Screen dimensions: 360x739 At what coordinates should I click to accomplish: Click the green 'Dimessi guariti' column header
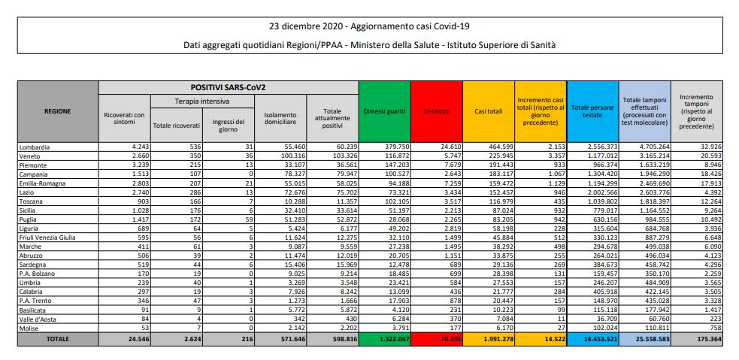pyautogui.click(x=386, y=111)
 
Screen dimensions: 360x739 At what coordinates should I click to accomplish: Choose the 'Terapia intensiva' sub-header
pyautogui.click(x=202, y=100)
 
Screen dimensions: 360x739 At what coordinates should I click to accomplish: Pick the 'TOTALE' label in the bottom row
pyautogui.click(x=57, y=339)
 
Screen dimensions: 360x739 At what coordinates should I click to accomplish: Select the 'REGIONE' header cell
pyautogui.click(x=57, y=111)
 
